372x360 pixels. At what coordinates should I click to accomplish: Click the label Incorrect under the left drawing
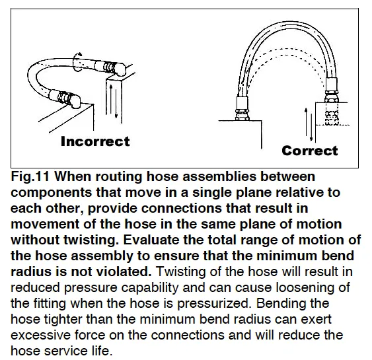click(95, 141)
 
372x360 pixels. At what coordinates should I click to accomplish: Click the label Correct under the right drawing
click(310, 151)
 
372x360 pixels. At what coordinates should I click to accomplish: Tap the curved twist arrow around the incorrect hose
click(77, 61)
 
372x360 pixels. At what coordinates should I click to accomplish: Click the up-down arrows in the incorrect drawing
click(114, 102)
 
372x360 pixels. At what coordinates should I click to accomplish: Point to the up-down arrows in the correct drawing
click(309, 124)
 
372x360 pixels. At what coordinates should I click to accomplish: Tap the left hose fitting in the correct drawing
click(241, 108)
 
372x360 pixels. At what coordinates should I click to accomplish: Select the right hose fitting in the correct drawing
click(332, 90)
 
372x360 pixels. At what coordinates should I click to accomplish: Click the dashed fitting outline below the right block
click(332, 114)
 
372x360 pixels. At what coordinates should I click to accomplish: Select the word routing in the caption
click(119, 177)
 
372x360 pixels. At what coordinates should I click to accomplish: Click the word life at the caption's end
click(102, 351)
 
